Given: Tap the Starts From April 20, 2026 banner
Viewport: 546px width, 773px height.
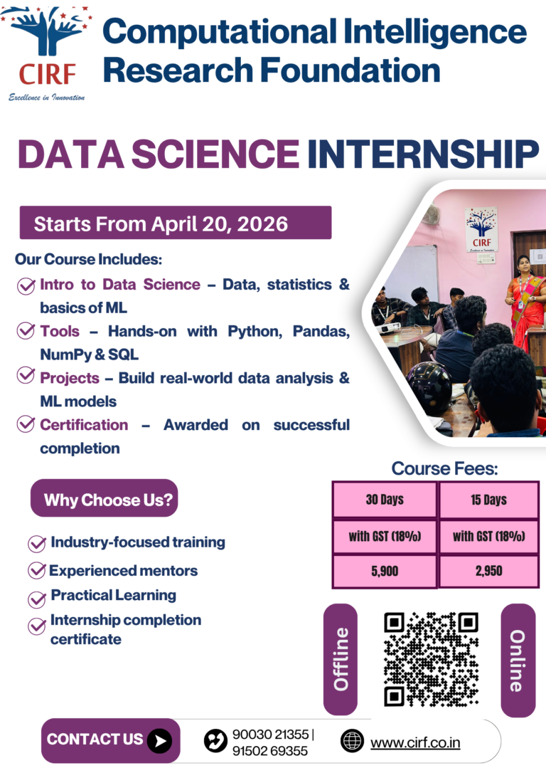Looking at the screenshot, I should tap(175, 224).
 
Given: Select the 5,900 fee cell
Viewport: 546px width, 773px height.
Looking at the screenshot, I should tap(384, 571).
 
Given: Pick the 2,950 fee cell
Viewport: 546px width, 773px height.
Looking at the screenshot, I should tap(489, 571).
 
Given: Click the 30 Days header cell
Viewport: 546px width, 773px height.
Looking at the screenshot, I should tap(384, 499).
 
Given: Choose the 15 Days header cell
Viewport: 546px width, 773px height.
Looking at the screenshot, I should tap(489, 499).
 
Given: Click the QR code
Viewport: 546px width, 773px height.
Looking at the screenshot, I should tap(430, 658).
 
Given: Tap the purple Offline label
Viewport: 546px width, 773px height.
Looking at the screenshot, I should tap(341, 659).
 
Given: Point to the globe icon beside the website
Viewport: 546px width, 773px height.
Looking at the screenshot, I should tap(352, 741).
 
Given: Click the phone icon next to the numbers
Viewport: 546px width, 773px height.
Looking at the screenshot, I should tap(215, 741).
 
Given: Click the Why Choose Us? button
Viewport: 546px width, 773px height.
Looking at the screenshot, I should tap(105, 500).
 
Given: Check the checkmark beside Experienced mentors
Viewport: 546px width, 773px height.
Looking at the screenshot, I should tap(37, 571).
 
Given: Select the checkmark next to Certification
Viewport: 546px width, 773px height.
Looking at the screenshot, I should tap(27, 424).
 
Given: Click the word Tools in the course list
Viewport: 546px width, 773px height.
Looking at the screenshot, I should tap(60, 331).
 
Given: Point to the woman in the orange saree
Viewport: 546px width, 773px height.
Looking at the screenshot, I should tap(527, 299).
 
